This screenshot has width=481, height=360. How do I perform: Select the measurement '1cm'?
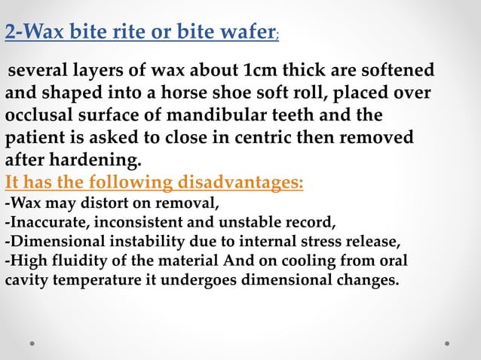262,71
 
